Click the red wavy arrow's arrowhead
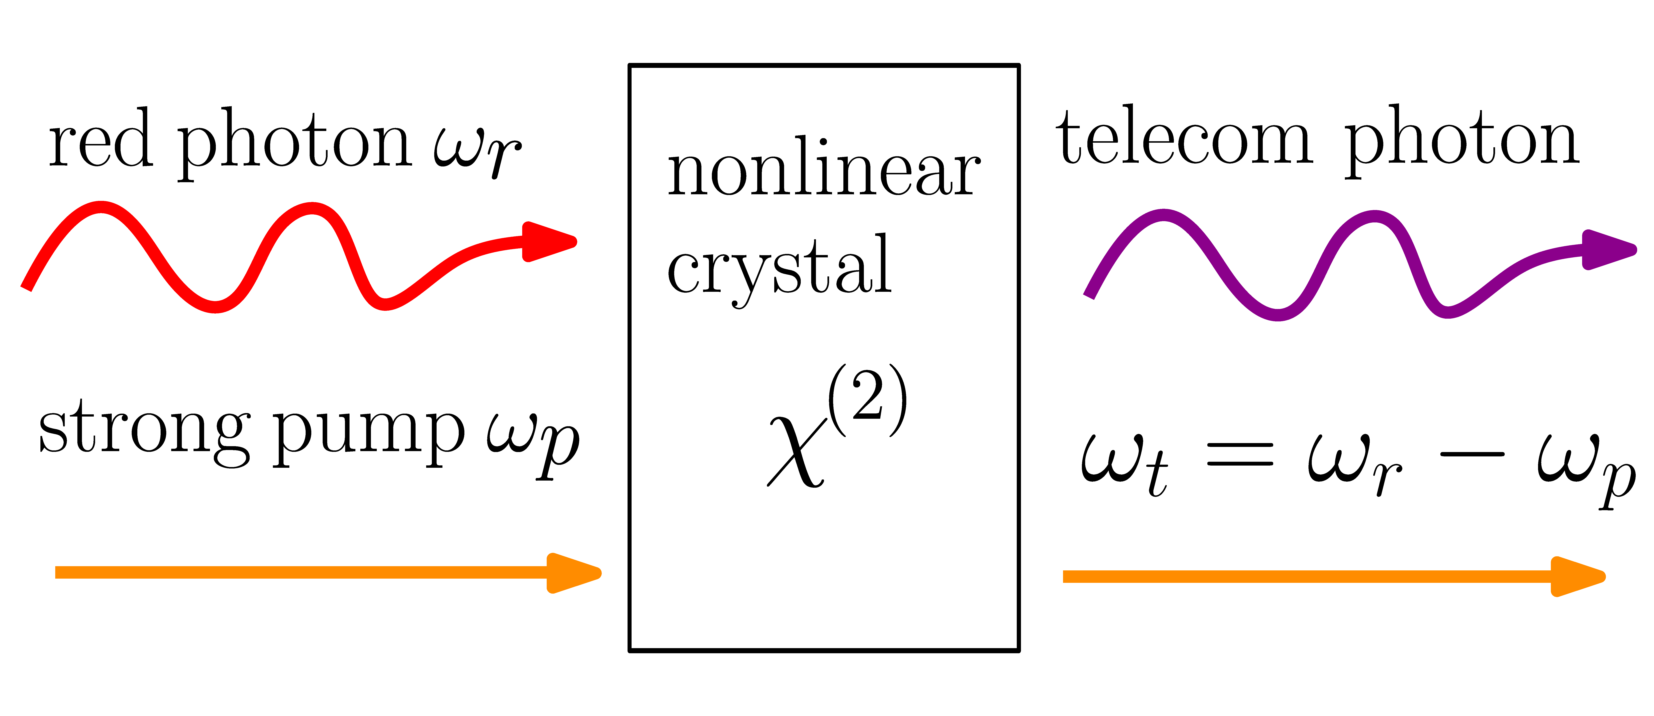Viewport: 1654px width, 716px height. coord(549,242)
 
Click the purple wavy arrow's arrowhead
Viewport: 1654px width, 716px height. coord(1608,249)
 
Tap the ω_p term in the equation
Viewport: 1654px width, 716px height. coord(1586,469)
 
